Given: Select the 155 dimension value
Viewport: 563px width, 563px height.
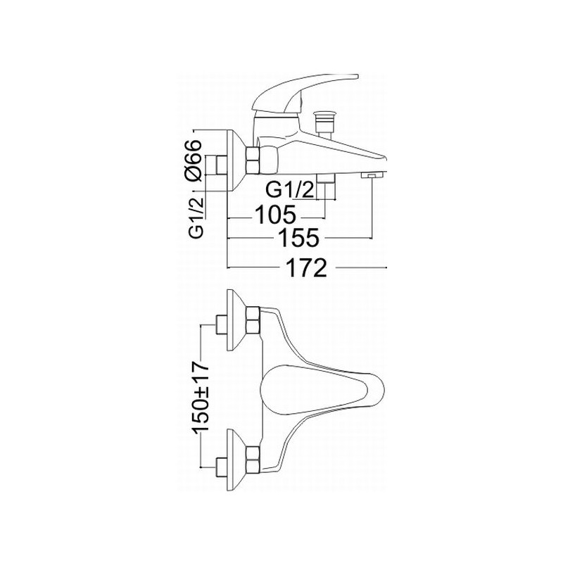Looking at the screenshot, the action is click(x=298, y=238).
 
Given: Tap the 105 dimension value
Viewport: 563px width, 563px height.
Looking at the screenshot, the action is click(x=275, y=215).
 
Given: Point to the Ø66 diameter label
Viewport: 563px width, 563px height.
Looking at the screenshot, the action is click(x=192, y=161).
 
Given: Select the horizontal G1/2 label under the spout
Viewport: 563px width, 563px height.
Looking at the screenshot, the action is click(x=290, y=190).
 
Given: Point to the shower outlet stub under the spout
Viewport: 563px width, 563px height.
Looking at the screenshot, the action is click(x=326, y=186).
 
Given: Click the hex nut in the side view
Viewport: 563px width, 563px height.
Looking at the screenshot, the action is click(x=253, y=160).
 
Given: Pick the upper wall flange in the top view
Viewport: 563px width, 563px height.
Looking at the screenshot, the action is click(x=235, y=320).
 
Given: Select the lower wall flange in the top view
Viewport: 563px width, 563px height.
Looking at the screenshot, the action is click(x=236, y=460).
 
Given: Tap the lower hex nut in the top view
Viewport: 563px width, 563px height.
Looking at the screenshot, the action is click(x=253, y=460).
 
